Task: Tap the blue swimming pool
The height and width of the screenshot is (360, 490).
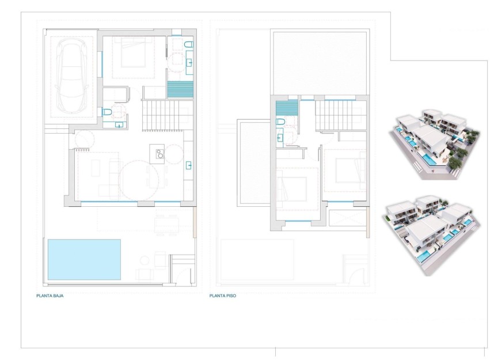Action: [84, 259]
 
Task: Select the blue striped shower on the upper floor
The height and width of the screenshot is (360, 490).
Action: [287, 108]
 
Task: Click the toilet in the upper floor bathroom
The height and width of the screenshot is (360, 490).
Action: [280, 122]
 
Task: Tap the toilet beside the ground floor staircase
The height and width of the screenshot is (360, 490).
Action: [107, 112]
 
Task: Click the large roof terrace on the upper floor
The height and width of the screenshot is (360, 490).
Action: [320, 62]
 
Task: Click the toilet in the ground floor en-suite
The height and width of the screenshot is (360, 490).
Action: [188, 44]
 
